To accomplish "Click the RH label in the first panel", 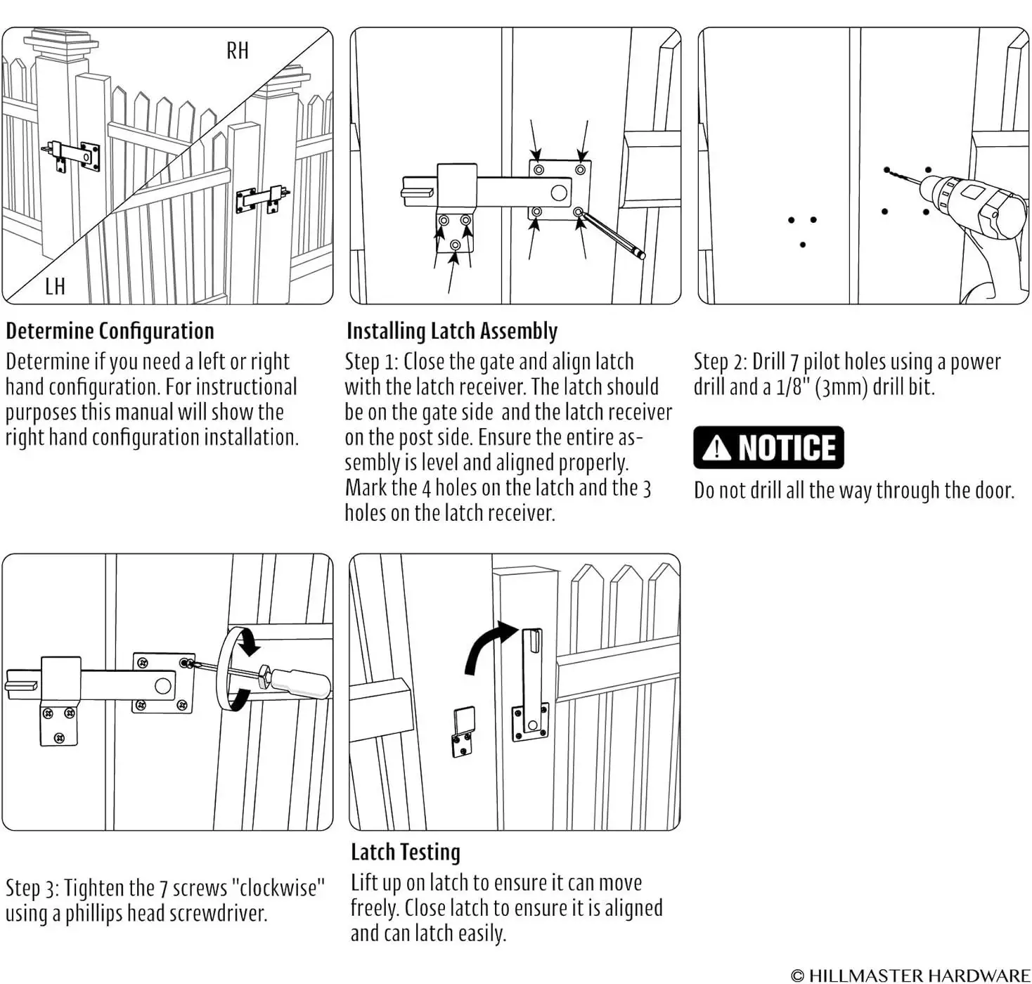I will click(x=238, y=51).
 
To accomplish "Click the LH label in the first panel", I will click(x=55, y=287).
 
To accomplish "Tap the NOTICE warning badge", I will click(x=768, y=448).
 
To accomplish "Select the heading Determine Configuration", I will click(x=110, y=331).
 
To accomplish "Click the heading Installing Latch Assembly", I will click(x=452, y=331).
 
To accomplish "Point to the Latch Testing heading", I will click(x=406, y=853).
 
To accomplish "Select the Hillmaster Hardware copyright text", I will click(x=910, y=975).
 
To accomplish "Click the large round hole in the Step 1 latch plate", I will click(x=559, y=192).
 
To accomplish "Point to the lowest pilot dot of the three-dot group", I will click(x=803, y=245).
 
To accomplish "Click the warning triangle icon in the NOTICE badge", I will click(x=716, y=448).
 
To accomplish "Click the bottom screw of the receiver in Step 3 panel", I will click(x=58, y=737).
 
